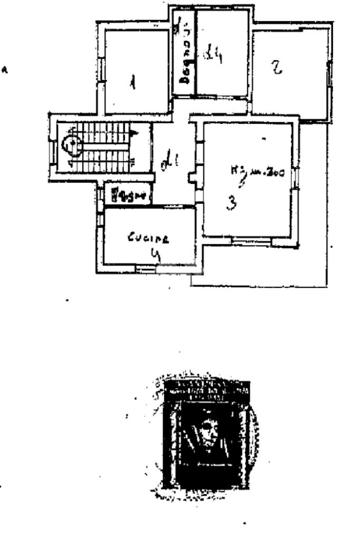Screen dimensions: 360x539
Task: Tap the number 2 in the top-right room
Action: coord(276,67)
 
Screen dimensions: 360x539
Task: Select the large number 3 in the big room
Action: coord(231,203)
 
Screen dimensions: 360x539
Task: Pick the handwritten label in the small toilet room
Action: coord(125,196)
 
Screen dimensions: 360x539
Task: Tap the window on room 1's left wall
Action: coord(100,67)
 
